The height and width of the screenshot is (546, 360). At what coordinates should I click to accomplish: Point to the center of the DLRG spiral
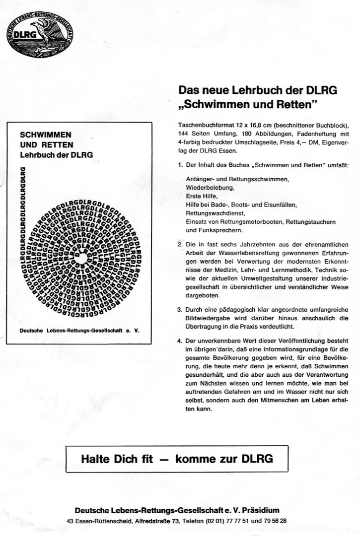(79, 259)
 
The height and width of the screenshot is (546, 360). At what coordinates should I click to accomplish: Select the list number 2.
(179, 245)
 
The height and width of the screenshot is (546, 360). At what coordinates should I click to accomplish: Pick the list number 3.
(179, 310)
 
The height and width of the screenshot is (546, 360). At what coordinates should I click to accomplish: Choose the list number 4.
(179, 341)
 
